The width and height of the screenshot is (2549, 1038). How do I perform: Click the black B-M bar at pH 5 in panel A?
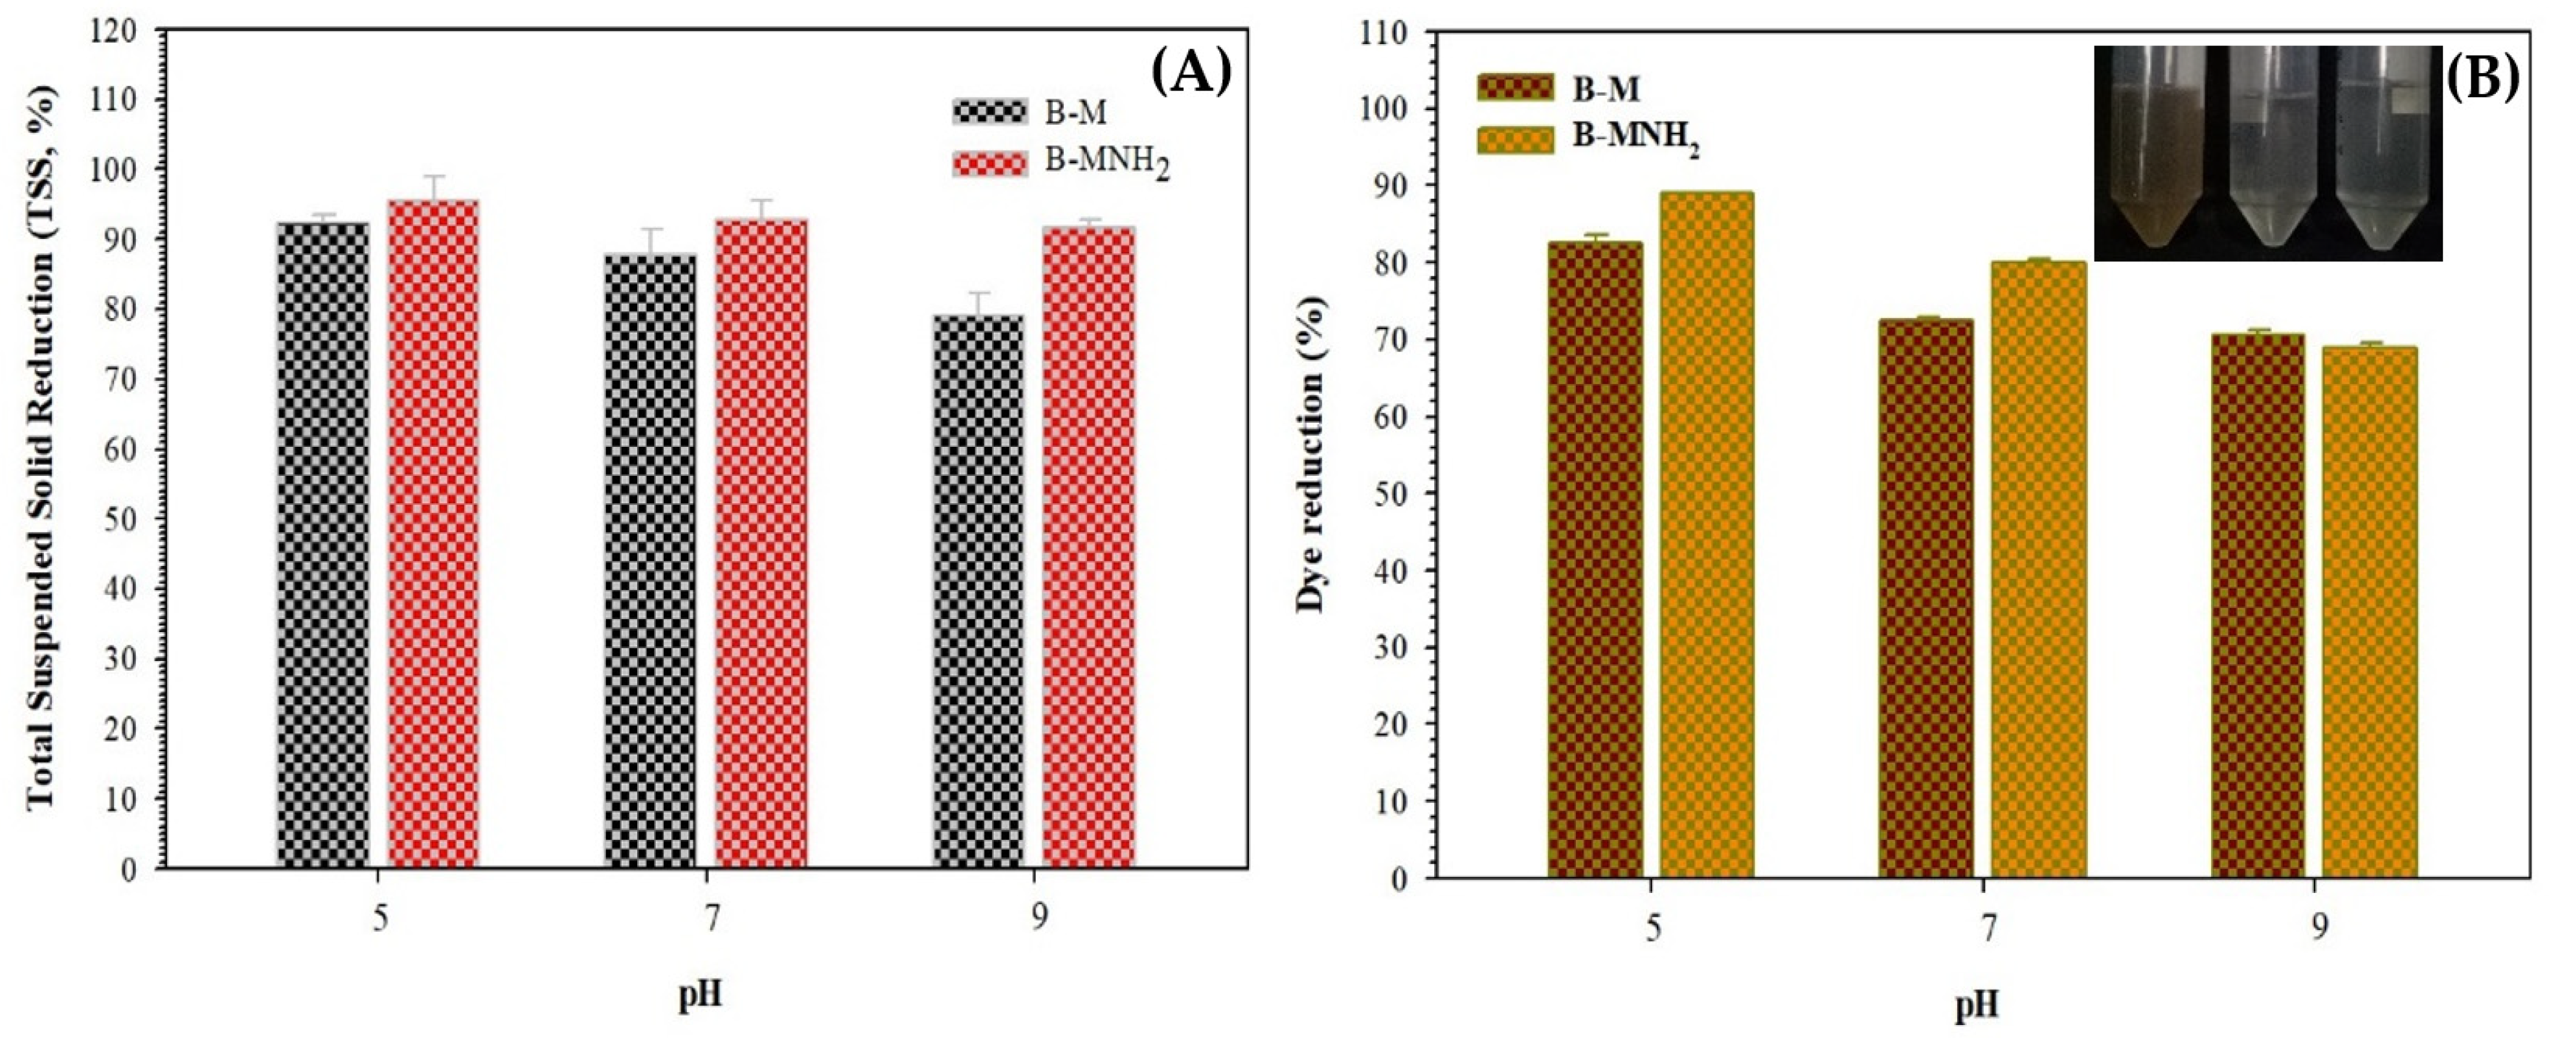pos(324,544)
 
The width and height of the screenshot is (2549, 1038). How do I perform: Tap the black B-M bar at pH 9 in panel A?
pos(979,591)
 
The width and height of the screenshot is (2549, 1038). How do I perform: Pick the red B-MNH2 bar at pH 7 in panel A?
pos(761,542)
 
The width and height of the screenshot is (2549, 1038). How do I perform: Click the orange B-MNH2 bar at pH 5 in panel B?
pos(1707,534)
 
